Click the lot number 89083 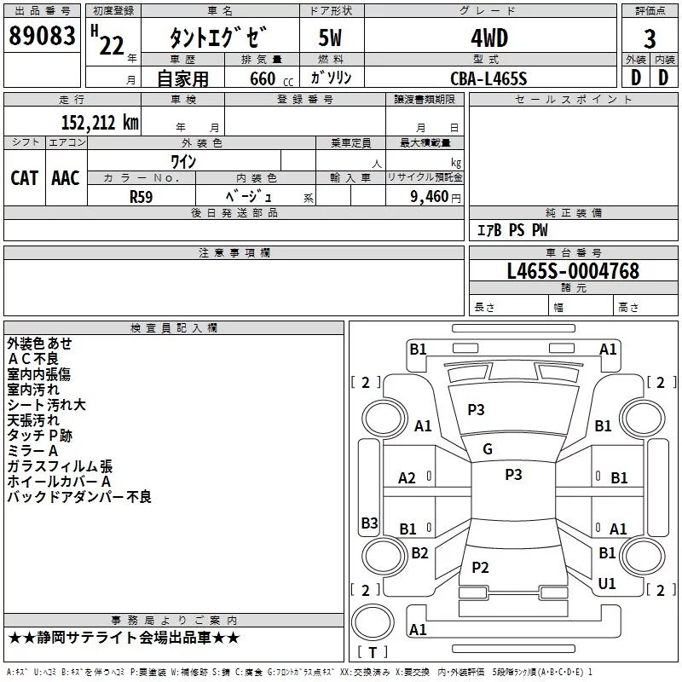[x=42, y=38]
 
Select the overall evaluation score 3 [x=650, y=40]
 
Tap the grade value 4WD [x=488, y=38]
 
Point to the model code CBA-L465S [x=488, y=78]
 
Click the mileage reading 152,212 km [x=100, y=122]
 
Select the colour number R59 [x=142, y=196]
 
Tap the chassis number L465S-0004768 [x=572, y=271]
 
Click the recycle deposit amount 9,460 [x=431, y=197]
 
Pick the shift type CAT [x=24, y=177]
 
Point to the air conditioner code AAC [x=65, y=177]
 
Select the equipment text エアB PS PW [x=511, y=230]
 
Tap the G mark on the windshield [x=487, y=449]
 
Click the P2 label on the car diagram [x=480, y=567]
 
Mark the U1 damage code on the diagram [x=607, y=583]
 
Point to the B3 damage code [x=368, y=523]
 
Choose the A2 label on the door [x=407, y=478]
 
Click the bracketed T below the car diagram [x=373, y=652]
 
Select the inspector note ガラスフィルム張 [x=60, y=466]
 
